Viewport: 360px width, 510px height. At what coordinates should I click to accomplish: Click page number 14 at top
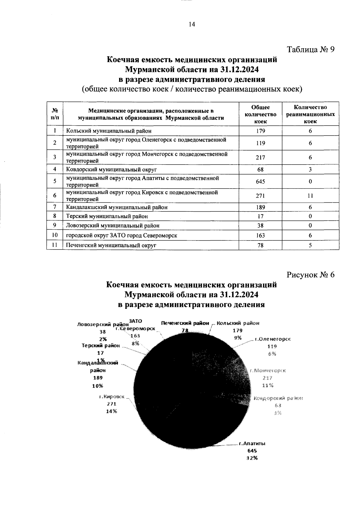pyautogui.click(x=192, y=25)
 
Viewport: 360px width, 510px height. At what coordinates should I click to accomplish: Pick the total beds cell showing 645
pyautogui.click(x=260, y=181)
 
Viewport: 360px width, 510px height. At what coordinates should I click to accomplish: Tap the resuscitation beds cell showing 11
pyautogui.click(x=310, y=196)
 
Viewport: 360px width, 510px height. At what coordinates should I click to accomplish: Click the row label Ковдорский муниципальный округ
pyautogui.click(x=112, y=169)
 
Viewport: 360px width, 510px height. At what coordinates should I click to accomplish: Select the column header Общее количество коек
pyautogui.click(x=260, y=114)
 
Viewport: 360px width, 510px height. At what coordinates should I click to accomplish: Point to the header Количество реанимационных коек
pyautogui.click(x=310, y=114)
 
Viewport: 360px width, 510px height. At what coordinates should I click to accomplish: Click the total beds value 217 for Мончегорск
pyautogui.click(x=260, y=157)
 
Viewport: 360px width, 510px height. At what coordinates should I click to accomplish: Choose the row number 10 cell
pyautogui.click(x=55, y=235)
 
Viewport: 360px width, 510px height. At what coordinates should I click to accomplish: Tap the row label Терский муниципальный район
pyautogui.click(x=107, y=216)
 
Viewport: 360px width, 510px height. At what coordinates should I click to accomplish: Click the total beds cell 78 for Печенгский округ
pyautogui.click(x=260, y=245)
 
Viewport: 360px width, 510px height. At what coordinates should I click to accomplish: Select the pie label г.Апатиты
pyautogui.click(x=252, y=443)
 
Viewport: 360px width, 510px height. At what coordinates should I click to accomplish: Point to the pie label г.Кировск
pyautogui.click(x=112, y=396)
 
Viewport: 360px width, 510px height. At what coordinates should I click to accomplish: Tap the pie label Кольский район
pyautogui.click(x=238, y=323)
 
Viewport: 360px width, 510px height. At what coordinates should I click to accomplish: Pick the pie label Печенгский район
pyautogui.click(x=185, y=323)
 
